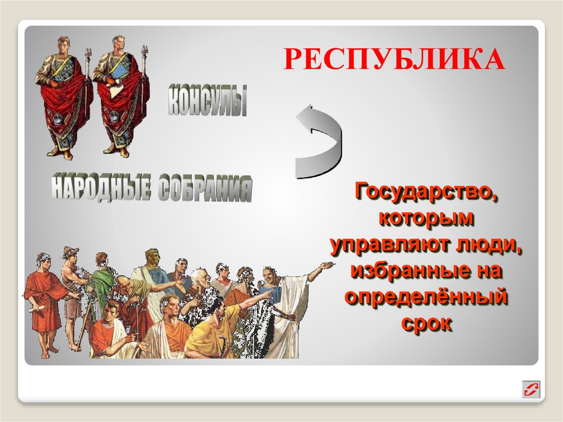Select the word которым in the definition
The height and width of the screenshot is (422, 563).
[x=426, y=218]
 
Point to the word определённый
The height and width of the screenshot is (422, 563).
[x=426, y=297]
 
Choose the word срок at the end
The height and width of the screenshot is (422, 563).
[x=426, y=324]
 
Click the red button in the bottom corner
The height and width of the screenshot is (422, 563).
[x=531, y=390]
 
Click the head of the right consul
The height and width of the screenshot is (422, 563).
[x=118, y=44]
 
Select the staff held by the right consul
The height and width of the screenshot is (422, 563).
[x=144, y=94]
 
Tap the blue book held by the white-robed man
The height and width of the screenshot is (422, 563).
[x=273, y=294]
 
